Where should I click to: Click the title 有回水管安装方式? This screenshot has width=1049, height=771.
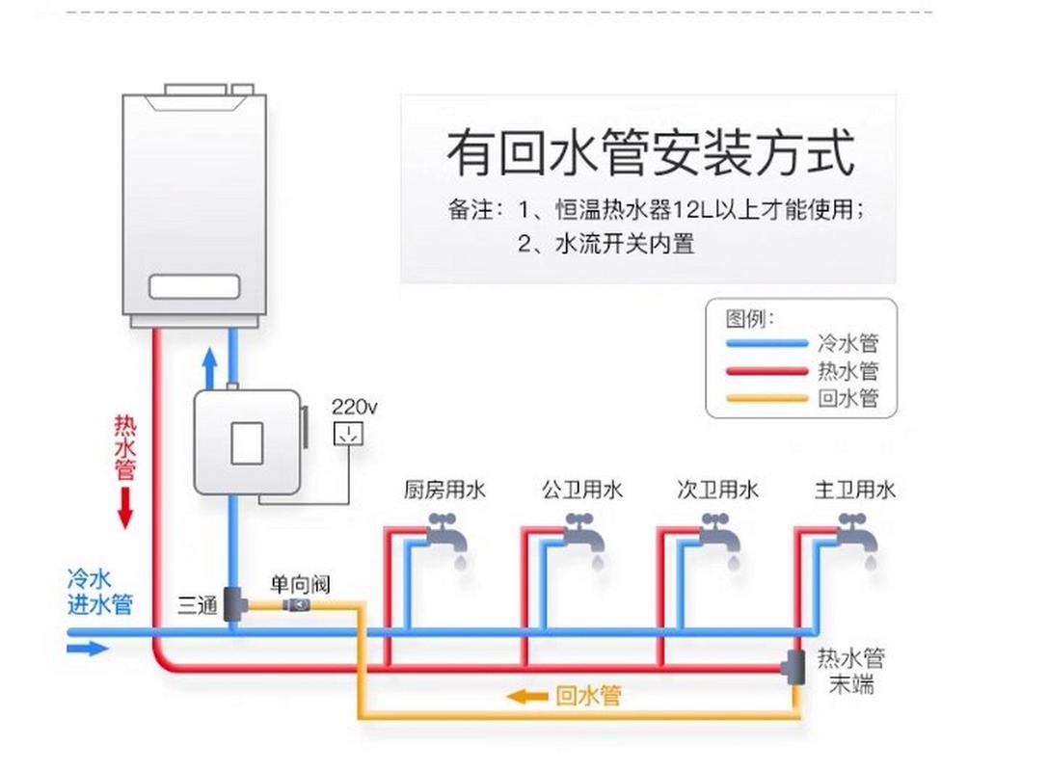(651, 153)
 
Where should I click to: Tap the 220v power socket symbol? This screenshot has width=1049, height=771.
(348, 433)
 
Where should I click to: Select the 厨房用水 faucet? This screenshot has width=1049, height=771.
(444, 532)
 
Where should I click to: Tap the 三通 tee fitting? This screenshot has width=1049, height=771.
(234, 605)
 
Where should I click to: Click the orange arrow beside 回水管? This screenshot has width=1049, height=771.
(528, 696)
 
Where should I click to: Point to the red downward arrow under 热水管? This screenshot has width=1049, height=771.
(125, 508)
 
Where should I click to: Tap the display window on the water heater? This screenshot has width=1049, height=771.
(194, 286)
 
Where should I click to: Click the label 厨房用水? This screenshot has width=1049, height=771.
(444, 491)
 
